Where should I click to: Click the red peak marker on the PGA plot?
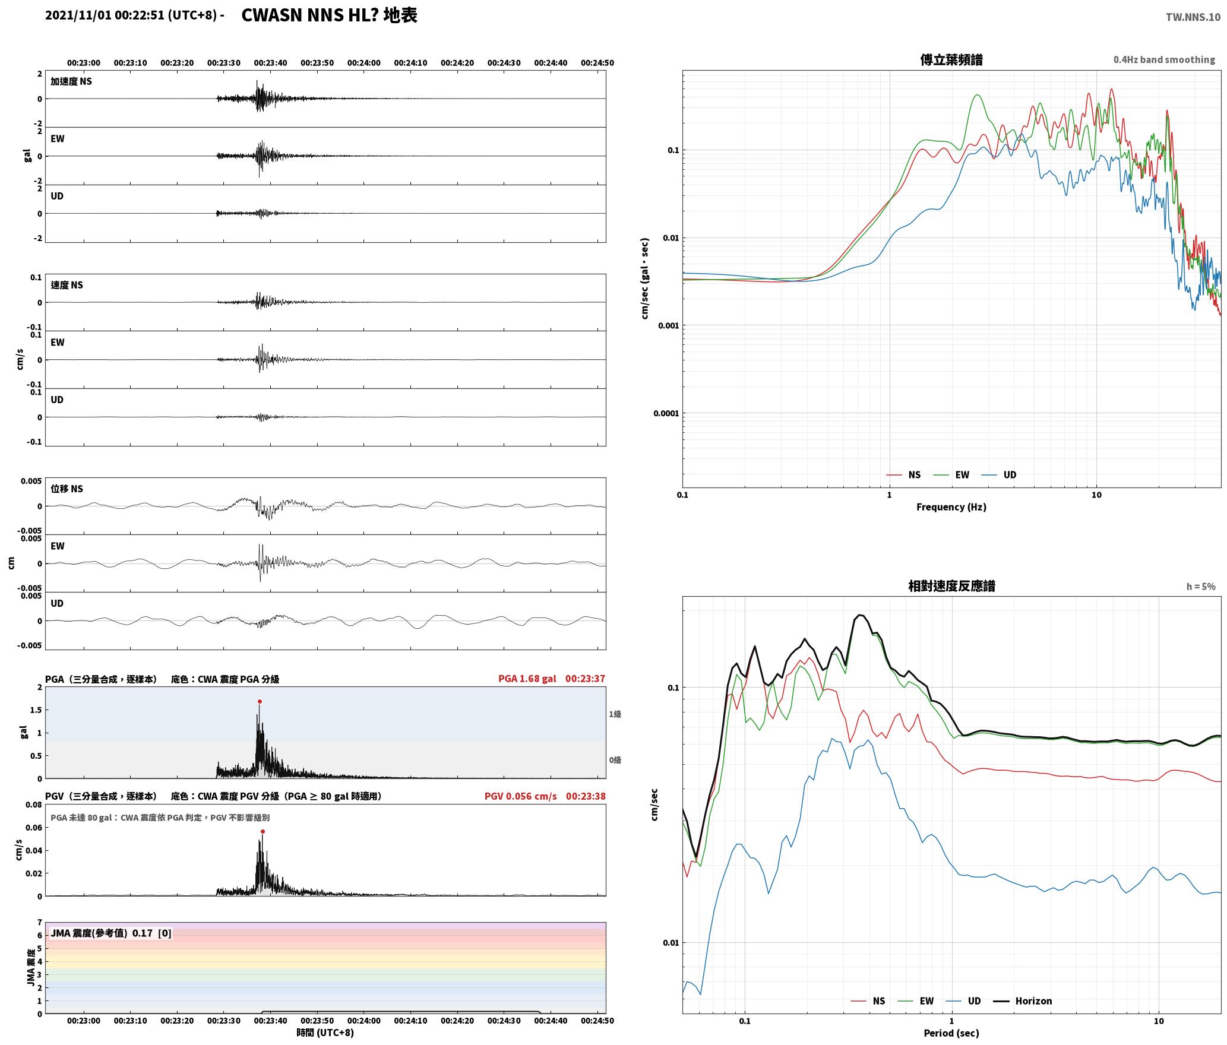[x=260, y=702]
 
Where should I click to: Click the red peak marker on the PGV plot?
[x=263, y=832]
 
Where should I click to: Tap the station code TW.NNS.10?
[x=1193, y=17]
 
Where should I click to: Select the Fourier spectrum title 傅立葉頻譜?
[x=951, y=59]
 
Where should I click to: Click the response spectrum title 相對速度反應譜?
[x=951, y=586]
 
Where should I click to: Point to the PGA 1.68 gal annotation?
[x=527, y=679]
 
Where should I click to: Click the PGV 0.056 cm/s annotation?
[x=521, y=796]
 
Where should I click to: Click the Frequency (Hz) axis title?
[x=951, y=507]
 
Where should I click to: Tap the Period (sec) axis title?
[x=951, y=1033]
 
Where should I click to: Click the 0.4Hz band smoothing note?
[x=1164, y=59]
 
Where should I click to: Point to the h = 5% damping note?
[x=1201, y=587]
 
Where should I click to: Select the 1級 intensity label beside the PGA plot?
[x=615, y=714]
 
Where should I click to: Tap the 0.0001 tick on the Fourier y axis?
[x=666, y=413]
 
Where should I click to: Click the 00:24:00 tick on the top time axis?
[x=364, y=62]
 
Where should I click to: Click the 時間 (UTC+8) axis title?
[x=325, y=1033]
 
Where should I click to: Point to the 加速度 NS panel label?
[x=71, y=81]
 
